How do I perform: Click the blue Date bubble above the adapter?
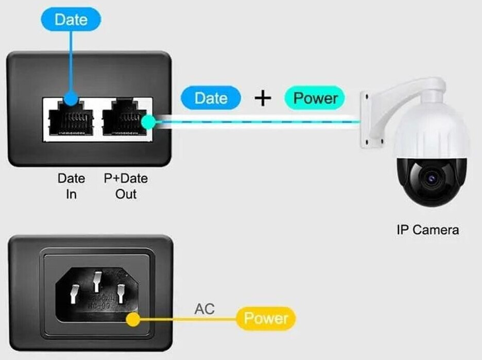point(71,20)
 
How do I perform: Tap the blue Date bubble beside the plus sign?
point(211,98)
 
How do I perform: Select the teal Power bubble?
point(315,98)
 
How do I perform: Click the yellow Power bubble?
point(266,318)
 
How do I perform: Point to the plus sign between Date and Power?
point(263,98)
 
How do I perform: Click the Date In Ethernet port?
point(71,119)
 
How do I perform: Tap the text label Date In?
point(71,186)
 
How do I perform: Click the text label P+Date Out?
point(126,186)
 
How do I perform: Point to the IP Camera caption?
point(427,230)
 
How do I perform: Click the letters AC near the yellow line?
point(204,309)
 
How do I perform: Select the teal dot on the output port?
point(148,122)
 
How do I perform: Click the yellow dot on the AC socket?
point(133,319)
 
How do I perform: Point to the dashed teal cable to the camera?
point(257,122)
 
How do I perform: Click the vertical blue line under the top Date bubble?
point(71,62)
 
